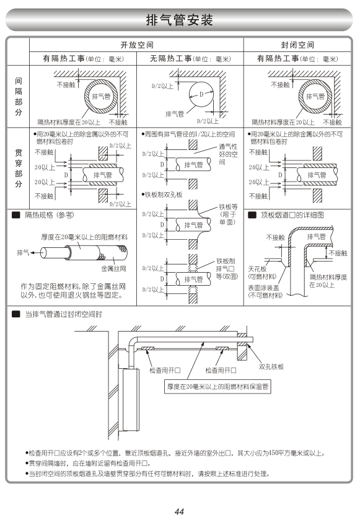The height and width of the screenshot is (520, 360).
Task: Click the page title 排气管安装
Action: click(x=179, y=20)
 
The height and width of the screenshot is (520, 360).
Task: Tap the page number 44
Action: click(x=179, y=512)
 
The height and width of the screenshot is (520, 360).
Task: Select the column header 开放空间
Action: click(x=137, y=45)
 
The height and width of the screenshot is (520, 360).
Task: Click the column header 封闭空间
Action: click(x=297, y=45)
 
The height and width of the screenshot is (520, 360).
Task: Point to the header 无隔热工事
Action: click(x=171, y=59)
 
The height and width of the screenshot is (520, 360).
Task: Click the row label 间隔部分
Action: click(x=19, y=96)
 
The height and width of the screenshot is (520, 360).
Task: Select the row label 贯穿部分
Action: click(x=19, y=169)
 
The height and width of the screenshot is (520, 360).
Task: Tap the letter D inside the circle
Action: click(x=201, y=94)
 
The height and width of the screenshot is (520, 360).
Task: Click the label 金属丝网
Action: click(x=114, y=268)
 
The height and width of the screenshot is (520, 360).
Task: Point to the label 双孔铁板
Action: click(x=271, y=366)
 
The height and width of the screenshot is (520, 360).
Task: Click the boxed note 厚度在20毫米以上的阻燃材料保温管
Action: click(x=217, y=387)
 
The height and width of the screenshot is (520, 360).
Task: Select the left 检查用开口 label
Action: click(x=165, y=370)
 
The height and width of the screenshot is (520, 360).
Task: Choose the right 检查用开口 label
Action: click(x=221, y=370)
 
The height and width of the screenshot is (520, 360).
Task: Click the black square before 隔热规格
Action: click(x=16, y=215)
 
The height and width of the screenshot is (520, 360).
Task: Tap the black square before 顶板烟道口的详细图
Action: click(x=252, y=215)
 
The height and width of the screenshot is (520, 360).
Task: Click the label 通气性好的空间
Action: click(x=228, y=154)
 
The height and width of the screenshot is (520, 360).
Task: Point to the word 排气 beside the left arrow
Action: click(x=23, y=253)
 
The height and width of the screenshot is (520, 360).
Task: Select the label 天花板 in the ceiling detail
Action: click(x=257, y=269)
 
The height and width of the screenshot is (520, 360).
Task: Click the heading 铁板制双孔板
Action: click(x=164, y=195)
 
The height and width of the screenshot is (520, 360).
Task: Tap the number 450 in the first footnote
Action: click(x=274, y=453)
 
